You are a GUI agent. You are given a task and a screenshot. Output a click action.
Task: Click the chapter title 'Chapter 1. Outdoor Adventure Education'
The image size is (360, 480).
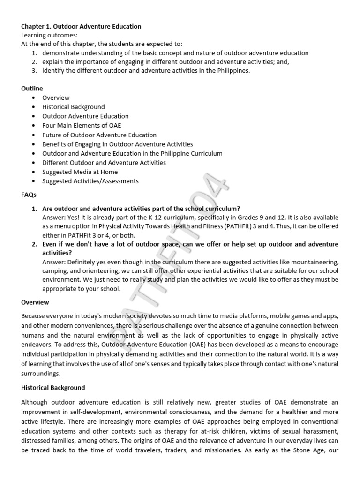click(x=81, y=27)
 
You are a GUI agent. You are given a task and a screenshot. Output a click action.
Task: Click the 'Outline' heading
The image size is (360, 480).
click(x=32, y=88)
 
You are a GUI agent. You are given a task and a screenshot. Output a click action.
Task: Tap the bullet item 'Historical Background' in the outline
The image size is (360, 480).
click(x=74, y=107)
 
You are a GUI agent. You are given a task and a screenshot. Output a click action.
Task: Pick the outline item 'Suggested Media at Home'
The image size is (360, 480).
click(x=80, y=172)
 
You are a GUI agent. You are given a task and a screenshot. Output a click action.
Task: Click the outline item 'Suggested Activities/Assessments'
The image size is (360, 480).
click(x=90, y=181)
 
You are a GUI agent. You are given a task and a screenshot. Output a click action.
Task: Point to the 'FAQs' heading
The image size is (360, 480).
click(x=29, y=194)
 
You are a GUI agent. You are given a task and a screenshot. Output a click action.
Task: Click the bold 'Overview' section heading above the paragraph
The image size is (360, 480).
click(x=35, y=302)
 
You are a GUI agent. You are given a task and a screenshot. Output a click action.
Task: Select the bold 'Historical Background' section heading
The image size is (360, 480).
click(x=53, y=388)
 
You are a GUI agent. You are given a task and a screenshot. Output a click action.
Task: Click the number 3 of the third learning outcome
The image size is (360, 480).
click(x=34, y=71)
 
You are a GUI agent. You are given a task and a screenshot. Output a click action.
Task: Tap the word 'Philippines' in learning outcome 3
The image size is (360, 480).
click(x=233, y=71)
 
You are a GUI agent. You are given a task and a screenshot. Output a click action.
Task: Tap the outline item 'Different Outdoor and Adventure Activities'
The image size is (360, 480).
click(x=104, y=163)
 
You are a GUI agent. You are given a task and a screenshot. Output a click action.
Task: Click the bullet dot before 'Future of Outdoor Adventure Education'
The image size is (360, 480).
click(x=34, y=135)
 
